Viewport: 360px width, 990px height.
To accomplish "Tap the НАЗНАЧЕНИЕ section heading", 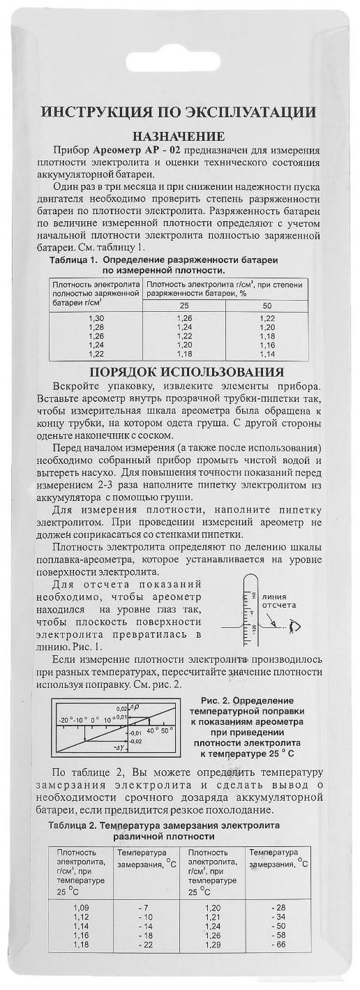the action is (x=179, y=135).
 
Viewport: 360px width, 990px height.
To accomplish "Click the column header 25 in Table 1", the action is (x=184, y=306).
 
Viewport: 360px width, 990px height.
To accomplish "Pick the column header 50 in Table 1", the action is (x=267, y=306).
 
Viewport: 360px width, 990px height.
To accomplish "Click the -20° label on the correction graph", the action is (x=66, y=719).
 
